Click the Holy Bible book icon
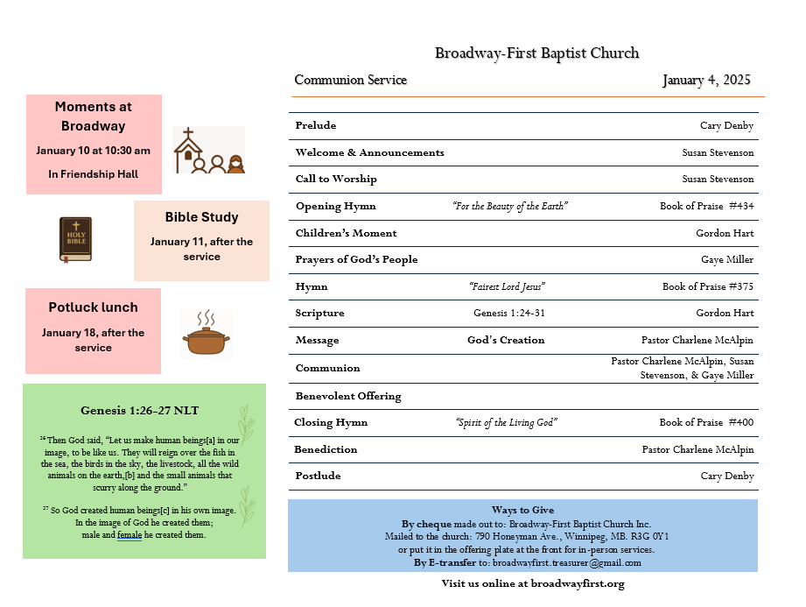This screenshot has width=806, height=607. click(75, 239)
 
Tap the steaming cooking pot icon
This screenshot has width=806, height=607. click(207, 335)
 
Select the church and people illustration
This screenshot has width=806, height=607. click(208, 151)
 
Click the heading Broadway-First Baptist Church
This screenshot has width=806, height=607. click(536, 53)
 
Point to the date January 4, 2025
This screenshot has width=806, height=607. click(706, 81)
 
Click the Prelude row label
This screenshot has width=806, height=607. click(316, 125)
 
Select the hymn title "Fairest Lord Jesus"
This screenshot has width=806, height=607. click(508, 286)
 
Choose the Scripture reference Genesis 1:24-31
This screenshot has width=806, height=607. click(508, 313)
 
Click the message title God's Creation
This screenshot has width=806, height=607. click(506, 340)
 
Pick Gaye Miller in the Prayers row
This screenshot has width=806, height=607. click(727, 259)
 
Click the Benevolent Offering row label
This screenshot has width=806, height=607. click(348, 396)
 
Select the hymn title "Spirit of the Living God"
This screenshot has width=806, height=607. click(507, 422)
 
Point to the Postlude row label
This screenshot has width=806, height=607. click(318, 476)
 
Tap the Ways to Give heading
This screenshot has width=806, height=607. click(522, 510)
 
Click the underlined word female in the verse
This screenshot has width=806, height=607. click(130, 534)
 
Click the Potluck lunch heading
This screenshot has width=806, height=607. click(93, 307)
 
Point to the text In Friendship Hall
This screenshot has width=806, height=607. click(94, 174)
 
